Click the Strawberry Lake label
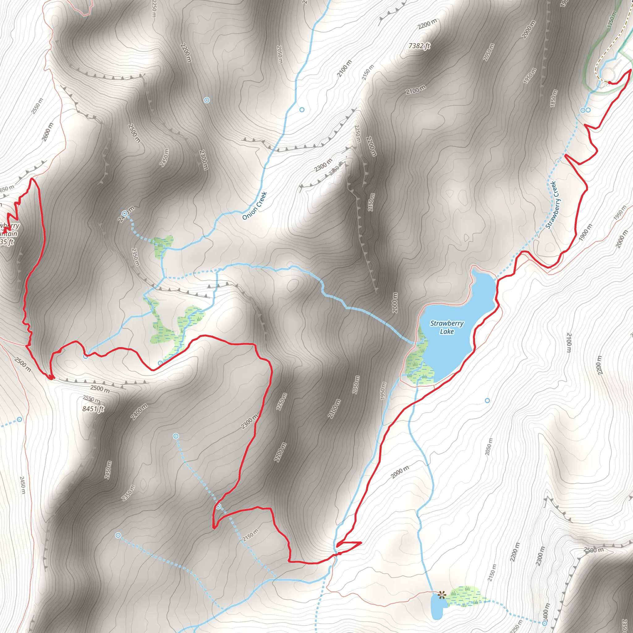click(x=447, y=327)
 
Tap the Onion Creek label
click(x=255, y=206)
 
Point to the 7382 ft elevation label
click(x=419, y=46)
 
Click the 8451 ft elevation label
click(x=93, y=409)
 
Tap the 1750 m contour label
click(x=612, y=19)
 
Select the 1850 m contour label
click(x=553, y=98)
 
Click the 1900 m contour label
click(x=585, y=232)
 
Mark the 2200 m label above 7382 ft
click(x=427, y=24)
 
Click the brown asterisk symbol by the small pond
click(x=442, y=595)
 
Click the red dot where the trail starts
click(x=609, y=83)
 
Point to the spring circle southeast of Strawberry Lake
click(x=487, y=400)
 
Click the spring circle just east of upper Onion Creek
click(x=302, y=110)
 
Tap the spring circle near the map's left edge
click(x=20, y=419)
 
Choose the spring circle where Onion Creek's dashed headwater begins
click(x=125, y=214)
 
